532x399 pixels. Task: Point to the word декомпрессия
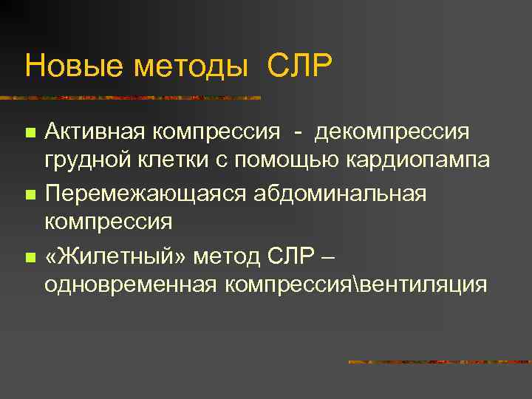pyautogui.click(x=392, y=133)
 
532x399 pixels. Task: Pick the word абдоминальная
pyautogui.click(x=341, y=194)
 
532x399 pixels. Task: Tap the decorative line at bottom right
pyautogui.click(x=440, y=362)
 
